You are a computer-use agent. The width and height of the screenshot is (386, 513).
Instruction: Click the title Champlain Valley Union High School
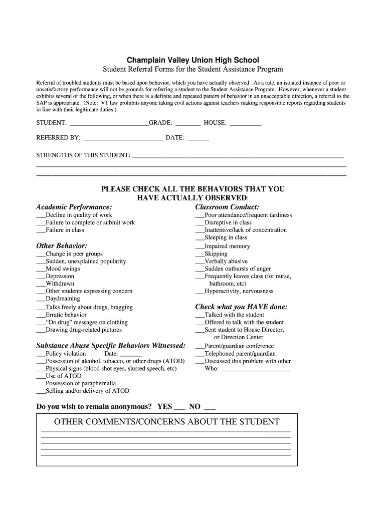193,60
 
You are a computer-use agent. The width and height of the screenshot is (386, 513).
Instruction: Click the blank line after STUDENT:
109,123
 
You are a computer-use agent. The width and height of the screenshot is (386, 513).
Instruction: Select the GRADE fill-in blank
188,123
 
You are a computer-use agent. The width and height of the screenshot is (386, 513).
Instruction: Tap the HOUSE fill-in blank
246,123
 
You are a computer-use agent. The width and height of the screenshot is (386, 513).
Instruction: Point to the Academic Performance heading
74,207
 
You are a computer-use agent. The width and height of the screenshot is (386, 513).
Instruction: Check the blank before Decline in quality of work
41,216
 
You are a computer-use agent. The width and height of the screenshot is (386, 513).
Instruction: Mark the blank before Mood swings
41,270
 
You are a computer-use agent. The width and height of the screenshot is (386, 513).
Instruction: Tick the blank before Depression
41,277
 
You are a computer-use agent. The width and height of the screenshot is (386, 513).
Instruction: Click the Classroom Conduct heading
227,207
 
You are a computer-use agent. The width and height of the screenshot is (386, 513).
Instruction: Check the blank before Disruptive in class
200,223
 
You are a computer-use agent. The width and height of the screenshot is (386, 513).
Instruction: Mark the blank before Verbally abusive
200,262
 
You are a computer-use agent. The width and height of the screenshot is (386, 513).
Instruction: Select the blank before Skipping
200,254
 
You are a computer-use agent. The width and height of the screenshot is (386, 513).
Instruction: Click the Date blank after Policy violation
131,354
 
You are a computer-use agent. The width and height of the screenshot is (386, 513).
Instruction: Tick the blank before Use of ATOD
41,377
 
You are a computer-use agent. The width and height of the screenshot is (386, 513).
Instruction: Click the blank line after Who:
256,370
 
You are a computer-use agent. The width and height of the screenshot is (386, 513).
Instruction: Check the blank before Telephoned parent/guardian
200,354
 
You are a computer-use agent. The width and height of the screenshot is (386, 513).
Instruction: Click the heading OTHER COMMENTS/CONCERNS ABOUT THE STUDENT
166,422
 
